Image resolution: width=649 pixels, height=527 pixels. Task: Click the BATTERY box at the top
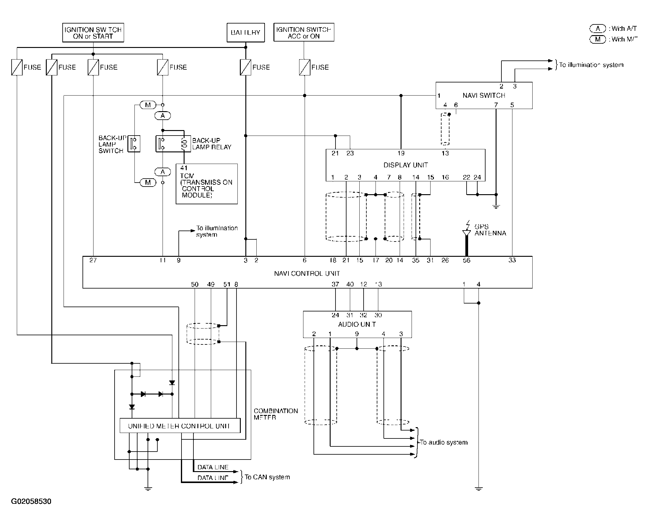tap(245, 32)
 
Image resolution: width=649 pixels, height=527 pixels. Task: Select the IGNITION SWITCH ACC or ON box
tap(304, 32)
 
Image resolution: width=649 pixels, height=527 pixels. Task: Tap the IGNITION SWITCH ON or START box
tap(93, 33)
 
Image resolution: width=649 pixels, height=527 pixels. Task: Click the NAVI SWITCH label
tap(484, 95)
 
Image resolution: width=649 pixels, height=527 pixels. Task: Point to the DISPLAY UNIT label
tap(405, 165)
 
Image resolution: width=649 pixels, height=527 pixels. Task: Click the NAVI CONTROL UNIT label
tap(307, 273)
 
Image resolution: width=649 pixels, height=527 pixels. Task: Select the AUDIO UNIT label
tap(357, 324)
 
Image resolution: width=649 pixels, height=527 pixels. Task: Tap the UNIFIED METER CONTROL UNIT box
tap(180, 426)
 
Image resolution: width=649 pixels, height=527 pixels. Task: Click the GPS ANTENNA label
tap(490, 230)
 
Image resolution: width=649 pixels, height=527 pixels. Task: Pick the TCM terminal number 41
tap(184, 168)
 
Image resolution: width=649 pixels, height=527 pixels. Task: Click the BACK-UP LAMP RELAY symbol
tap(173, 144)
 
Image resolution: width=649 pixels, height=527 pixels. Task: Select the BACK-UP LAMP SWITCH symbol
tap(134, 144)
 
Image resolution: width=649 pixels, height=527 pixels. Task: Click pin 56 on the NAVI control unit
tap(466, 260)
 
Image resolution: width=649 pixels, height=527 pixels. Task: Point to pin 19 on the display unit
tap(401, 153)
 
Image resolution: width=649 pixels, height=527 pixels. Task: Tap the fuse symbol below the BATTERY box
tap(245, 67)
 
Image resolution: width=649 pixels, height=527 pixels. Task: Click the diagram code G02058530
tap(31, 501)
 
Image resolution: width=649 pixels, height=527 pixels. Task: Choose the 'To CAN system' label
tap(267, 477)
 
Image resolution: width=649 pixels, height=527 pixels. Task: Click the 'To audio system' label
tap(444, 442)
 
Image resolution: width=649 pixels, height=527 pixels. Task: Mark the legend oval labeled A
tap(598, 29)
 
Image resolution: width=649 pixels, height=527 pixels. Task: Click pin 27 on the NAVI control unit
tap(93, 260)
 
